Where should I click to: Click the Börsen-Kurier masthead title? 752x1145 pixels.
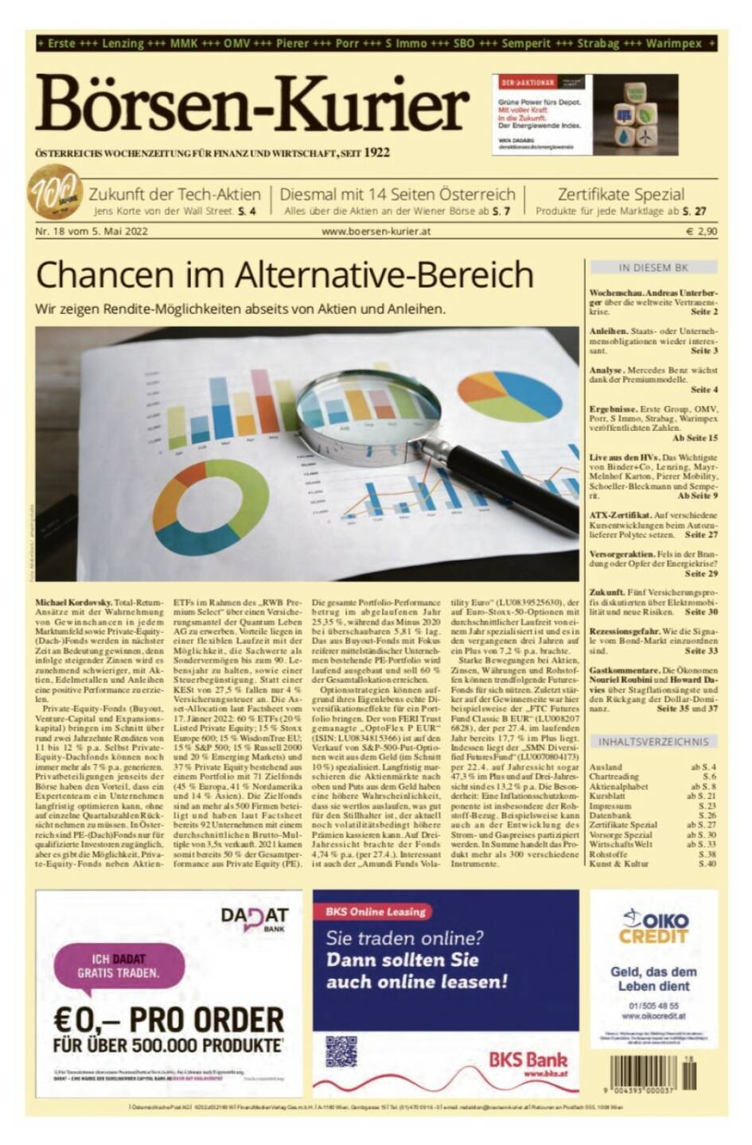(x=251, y=105)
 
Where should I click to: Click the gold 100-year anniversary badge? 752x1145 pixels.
(x=55, y=192)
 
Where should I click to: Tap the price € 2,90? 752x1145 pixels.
(x=701, y=232)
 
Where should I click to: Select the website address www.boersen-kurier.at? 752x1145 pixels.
(x=376, y=232)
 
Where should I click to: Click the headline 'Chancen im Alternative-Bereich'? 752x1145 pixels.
(x=284, y=275)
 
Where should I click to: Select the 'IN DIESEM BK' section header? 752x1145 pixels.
(x=653, y=268)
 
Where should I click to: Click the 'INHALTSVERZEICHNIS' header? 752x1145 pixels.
(x=653, y=742)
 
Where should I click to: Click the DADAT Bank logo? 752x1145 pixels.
(x=255, y=920)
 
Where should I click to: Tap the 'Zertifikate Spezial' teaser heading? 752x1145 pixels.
(x=620, y=194)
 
